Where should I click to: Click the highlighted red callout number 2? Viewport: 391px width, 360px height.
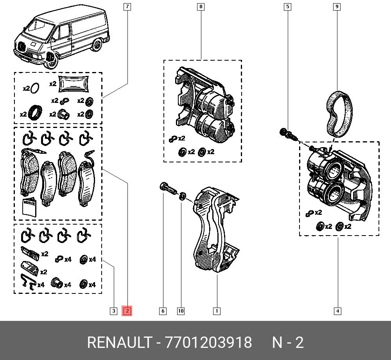tap(127, 311)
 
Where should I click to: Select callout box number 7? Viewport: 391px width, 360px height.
tap(127, 7)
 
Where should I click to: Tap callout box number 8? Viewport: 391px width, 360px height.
tap(201, 7)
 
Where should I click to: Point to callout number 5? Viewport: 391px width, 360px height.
tap(287, 7)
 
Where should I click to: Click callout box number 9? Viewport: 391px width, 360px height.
tap(337, 7)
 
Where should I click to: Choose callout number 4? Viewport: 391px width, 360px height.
tap(337, 311)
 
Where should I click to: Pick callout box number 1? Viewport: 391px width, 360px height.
tap(217, 311)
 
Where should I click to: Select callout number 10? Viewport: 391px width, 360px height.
tap(181, 311)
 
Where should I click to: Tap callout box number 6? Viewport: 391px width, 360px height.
tap(163, 311)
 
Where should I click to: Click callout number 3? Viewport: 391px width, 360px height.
tap(114, 311)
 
